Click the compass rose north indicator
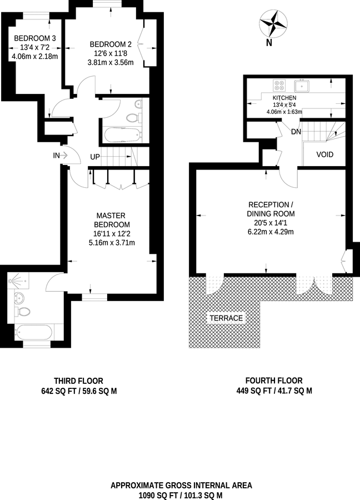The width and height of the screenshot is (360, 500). pyautogui.click(x=273, y=26)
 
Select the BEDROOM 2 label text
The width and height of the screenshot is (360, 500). pyautogui.click(x=111, y=44)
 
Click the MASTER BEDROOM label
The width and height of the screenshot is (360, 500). pyautogui.click(x=111, y=220)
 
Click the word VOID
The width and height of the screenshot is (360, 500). pyautogui.click(x=324, y=154)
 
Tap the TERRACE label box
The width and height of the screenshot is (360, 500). pyautogui.click(x=226, y=318)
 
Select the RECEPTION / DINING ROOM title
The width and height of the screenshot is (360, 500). pyautogui.click(x=271, y=209)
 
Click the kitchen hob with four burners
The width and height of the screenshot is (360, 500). pyautogui.click(x=279, y=86)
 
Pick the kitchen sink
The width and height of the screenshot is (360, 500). pyautogui.click(x=302, y=86)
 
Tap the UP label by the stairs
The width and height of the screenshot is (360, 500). pyautogui.click(x=95, y=157)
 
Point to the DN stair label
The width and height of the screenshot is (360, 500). pyautogui.click(x=296, y=132)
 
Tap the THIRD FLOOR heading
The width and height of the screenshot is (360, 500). pyautogui.click(x=78, y=381)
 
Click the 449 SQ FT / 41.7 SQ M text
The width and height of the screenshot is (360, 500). pyautogui.click(x=274, y=391)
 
